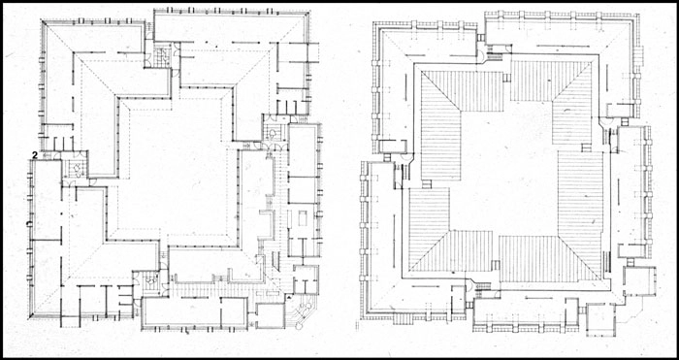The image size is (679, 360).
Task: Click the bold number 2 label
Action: pos(35,154)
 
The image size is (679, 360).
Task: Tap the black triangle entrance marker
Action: pos(289,298)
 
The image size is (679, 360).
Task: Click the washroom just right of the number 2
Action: pos(76,169)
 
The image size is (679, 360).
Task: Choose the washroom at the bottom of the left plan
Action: pos(149,282)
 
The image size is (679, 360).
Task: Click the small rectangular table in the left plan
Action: pos(303,218)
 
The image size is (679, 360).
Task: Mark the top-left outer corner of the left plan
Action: pos(42,20)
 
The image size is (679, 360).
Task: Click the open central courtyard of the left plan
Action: pos(178,169)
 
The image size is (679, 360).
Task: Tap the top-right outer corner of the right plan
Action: pos(638,14)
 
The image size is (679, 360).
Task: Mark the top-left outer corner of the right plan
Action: pos(373,21)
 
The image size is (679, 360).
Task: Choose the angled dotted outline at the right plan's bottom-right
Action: pos(627,312)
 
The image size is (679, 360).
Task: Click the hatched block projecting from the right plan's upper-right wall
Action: pos(638,54)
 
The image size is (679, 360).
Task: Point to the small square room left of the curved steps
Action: pos(271,315)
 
